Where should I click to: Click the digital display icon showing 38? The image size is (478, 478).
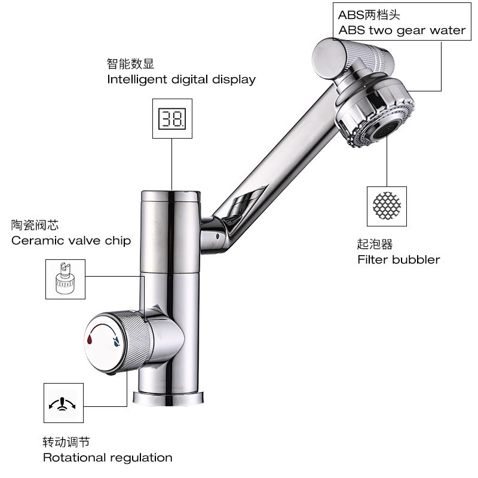point(171,118)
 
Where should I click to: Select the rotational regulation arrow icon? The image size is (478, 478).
point(62,405)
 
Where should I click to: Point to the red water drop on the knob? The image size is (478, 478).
point(90,339)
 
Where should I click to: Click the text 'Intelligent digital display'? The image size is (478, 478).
point(181,79)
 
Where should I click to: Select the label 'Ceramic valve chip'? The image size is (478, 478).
point(71,241)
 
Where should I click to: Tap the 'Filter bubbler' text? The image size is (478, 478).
point(399,259)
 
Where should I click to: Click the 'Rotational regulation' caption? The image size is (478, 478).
point(108,458)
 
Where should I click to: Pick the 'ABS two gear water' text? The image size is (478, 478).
point(402,30)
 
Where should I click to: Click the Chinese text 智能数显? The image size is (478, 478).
point(130,63)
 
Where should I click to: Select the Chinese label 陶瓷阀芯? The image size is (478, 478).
point(35,225)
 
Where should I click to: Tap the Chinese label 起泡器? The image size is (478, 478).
point(375,244)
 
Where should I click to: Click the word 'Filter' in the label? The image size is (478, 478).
point(372,259)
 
